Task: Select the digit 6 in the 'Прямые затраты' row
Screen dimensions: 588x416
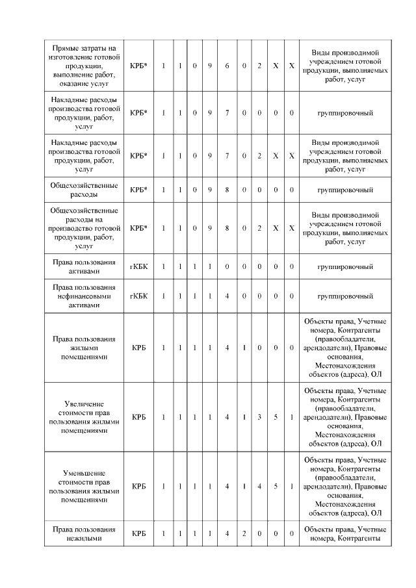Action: click(227, 66)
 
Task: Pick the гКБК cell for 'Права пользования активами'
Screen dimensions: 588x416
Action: click(138, 266)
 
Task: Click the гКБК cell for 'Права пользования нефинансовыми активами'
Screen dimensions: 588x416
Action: click(138, 296)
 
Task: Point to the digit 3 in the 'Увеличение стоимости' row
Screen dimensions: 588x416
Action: click(259, 416)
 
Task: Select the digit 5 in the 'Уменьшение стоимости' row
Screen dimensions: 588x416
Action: click(276, 486)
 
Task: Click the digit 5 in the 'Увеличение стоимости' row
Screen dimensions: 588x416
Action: click(276, 416)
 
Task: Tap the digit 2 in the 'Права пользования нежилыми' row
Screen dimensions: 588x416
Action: click(243, 533)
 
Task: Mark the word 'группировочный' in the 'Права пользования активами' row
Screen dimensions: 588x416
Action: click(344, 266)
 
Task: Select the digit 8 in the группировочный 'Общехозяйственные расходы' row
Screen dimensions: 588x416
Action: click(227, 190)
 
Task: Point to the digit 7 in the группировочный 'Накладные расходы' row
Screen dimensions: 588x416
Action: click(227, 113)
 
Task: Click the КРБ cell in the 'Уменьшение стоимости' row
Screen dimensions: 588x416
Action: click(138, 486)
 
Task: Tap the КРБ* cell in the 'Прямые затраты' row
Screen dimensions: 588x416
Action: click(138, 66)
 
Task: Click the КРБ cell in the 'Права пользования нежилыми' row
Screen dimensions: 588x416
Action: click(138, 533)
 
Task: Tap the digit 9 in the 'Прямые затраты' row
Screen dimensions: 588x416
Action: click(210, 66)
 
